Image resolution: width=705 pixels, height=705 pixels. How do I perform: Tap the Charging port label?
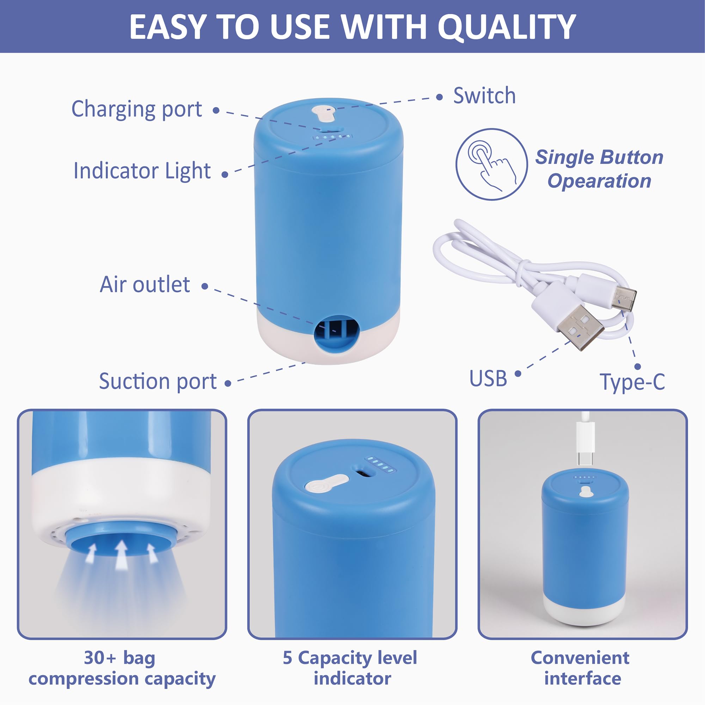(136, 109)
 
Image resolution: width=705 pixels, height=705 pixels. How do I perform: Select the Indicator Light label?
(142, 171)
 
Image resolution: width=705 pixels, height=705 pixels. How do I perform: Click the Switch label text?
(484, 96)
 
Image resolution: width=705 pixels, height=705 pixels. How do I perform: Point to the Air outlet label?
(145, 284)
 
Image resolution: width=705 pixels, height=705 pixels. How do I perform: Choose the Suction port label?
(158, 381)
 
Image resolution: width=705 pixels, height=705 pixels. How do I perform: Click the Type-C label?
(632, 382)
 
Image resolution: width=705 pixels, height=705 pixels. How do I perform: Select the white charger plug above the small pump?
(585, 443)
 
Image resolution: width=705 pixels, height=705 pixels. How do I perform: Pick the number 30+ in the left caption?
(100, 658)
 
